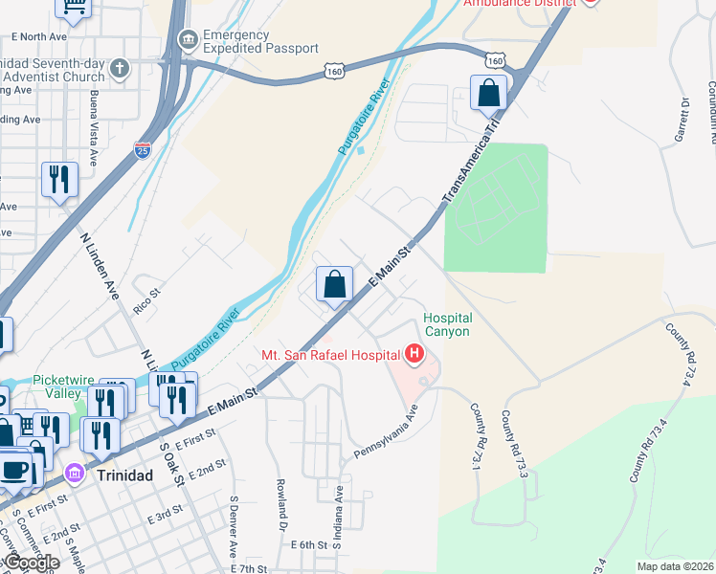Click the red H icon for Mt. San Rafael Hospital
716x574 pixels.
pyautogui.click(x=414, y=355)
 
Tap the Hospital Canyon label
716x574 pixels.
pyautogui.click(x=447, y=324)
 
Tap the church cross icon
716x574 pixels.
pyautogui.click(x=118, y=68)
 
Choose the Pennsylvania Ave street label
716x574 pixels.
pyautogui.click(x=388, y=431)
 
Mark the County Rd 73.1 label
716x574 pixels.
pyautogui.click(x=476, y=436)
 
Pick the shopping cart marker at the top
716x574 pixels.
pyautogui.click(x=74, y=8)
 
